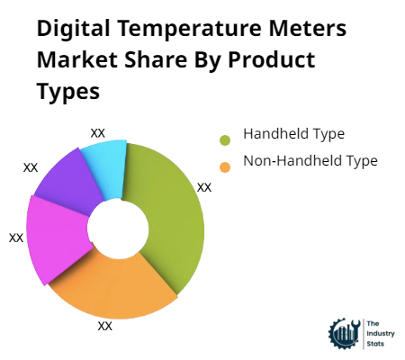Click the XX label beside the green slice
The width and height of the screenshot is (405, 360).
coord(204,187)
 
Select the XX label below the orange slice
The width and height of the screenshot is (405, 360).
coord(105,326)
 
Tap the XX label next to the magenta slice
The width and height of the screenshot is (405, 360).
coord(16,238)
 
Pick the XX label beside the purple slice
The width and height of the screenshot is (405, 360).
coord(31,167)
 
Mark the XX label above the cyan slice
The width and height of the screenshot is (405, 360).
coord(98,132)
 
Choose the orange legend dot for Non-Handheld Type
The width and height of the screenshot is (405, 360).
coord(224,165)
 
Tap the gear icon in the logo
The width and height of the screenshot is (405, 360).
coord(344,334)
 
